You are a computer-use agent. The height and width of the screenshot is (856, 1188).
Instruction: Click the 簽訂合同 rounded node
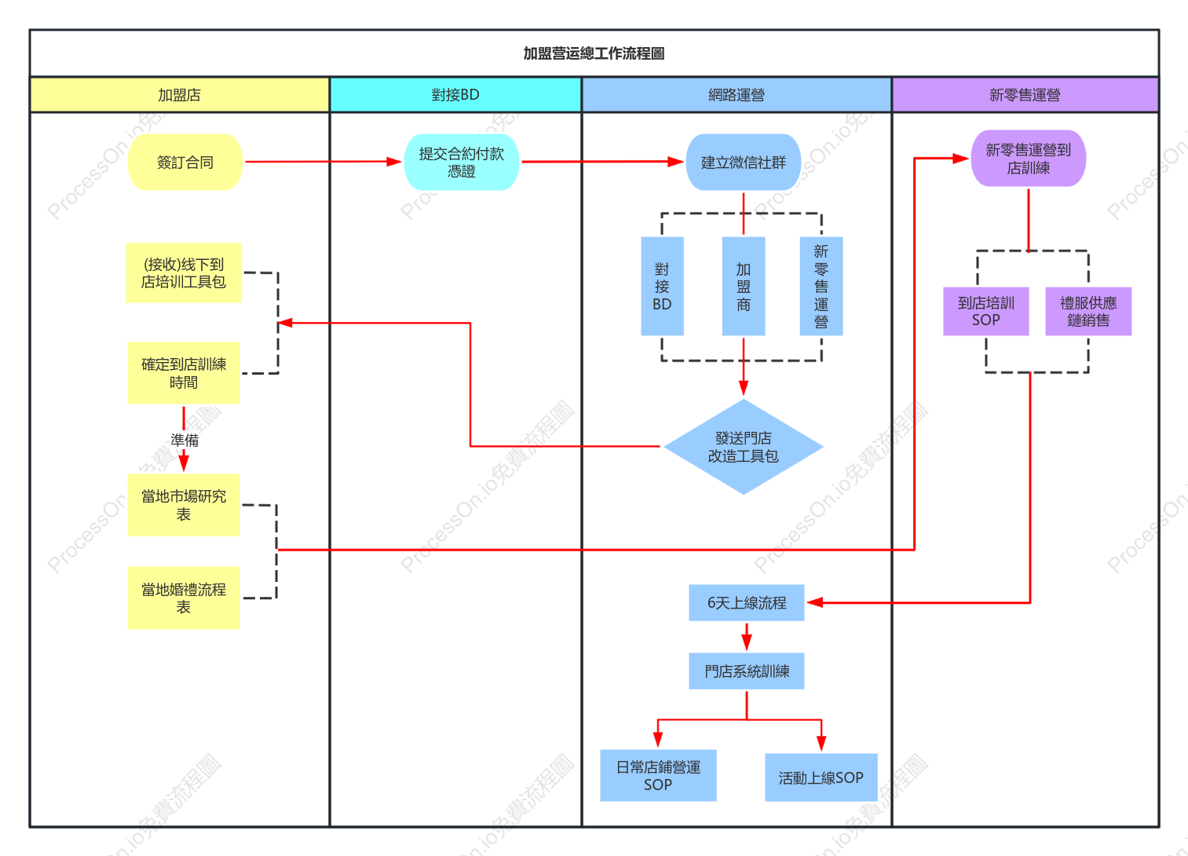click(185, 163)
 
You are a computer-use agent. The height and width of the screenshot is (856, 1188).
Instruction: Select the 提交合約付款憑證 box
click(462, 163)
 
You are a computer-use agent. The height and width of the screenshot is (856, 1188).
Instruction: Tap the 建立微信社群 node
click(743, 163)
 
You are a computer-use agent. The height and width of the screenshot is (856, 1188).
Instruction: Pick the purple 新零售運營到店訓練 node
click(1029, 159)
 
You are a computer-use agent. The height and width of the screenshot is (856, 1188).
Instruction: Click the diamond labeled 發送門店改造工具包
click(744, 447)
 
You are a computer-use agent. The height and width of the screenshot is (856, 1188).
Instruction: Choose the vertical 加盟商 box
click(744, 287)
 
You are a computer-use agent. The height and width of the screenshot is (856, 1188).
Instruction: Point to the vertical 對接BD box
click(662, 287)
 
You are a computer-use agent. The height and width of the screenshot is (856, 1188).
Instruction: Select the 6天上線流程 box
click(747, 602)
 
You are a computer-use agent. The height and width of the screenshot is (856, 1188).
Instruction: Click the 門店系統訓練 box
click(747, 671)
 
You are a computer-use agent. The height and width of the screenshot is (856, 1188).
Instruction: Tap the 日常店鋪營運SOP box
click(658, 775)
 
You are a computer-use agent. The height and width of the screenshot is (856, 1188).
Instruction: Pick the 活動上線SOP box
click(821, 777)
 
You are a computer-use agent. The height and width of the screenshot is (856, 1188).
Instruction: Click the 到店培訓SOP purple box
click(986, 311)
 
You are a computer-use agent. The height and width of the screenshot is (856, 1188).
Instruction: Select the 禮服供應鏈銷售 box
click(1088, 311)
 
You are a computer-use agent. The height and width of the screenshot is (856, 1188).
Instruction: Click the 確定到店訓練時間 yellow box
click(184, 373)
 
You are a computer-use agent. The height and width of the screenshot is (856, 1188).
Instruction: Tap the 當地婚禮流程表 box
click(184, 598)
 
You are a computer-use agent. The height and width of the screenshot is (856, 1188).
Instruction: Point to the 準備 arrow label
click(185, 441)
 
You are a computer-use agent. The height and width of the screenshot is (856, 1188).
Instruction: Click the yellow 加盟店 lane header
click(180, 95)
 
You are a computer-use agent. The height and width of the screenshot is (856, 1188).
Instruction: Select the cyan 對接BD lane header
click(455, 95)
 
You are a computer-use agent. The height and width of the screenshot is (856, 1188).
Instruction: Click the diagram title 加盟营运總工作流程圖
click(594, 53)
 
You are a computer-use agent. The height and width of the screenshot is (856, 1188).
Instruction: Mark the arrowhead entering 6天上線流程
click(814, 602)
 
